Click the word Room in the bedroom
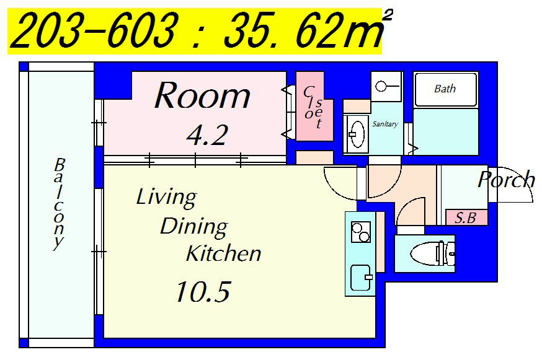coord(202,95)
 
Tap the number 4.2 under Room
coord(207,134)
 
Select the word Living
coord(167,198)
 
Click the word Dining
coord(194,227)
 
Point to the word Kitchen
coord(224,253)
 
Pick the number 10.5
coord(203,292)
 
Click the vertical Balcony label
coord(59,204)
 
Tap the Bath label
coord(445,89)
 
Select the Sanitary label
coord(385,124)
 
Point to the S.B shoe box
coord(466,218)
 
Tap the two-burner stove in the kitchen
coord(361,232)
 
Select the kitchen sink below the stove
coord(361,278)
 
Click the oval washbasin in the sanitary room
coord(357,133)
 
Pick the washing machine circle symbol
coord(381,86)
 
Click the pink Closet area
coord(314,107)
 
